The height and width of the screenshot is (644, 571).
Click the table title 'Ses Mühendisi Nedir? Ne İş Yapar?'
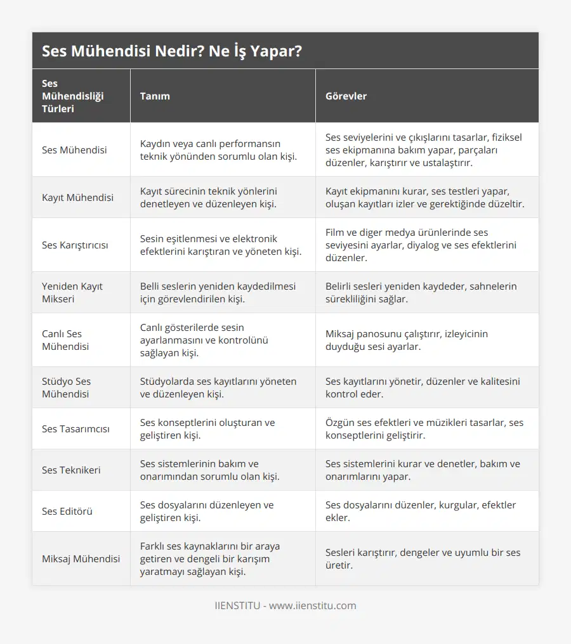point(171,51)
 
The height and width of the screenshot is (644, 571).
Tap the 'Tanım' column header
point(155,96)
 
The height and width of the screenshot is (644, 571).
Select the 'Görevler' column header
point(346,96)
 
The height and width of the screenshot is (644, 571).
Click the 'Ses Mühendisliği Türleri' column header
point(73,96)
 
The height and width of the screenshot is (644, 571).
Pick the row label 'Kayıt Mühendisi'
point(78,197)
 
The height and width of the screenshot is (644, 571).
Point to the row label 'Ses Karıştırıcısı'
point(75,245)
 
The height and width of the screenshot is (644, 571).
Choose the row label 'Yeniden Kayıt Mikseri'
point(72,292)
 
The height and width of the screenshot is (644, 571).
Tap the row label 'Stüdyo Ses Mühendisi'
point(67,387)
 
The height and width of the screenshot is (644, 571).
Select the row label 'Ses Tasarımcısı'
point(75,428)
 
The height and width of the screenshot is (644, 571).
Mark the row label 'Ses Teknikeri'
point(71,470)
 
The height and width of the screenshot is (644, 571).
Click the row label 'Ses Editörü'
point(67,511)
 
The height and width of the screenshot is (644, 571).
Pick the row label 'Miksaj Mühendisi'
point(81,558)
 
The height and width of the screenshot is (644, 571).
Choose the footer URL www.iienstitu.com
point(313,605)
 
